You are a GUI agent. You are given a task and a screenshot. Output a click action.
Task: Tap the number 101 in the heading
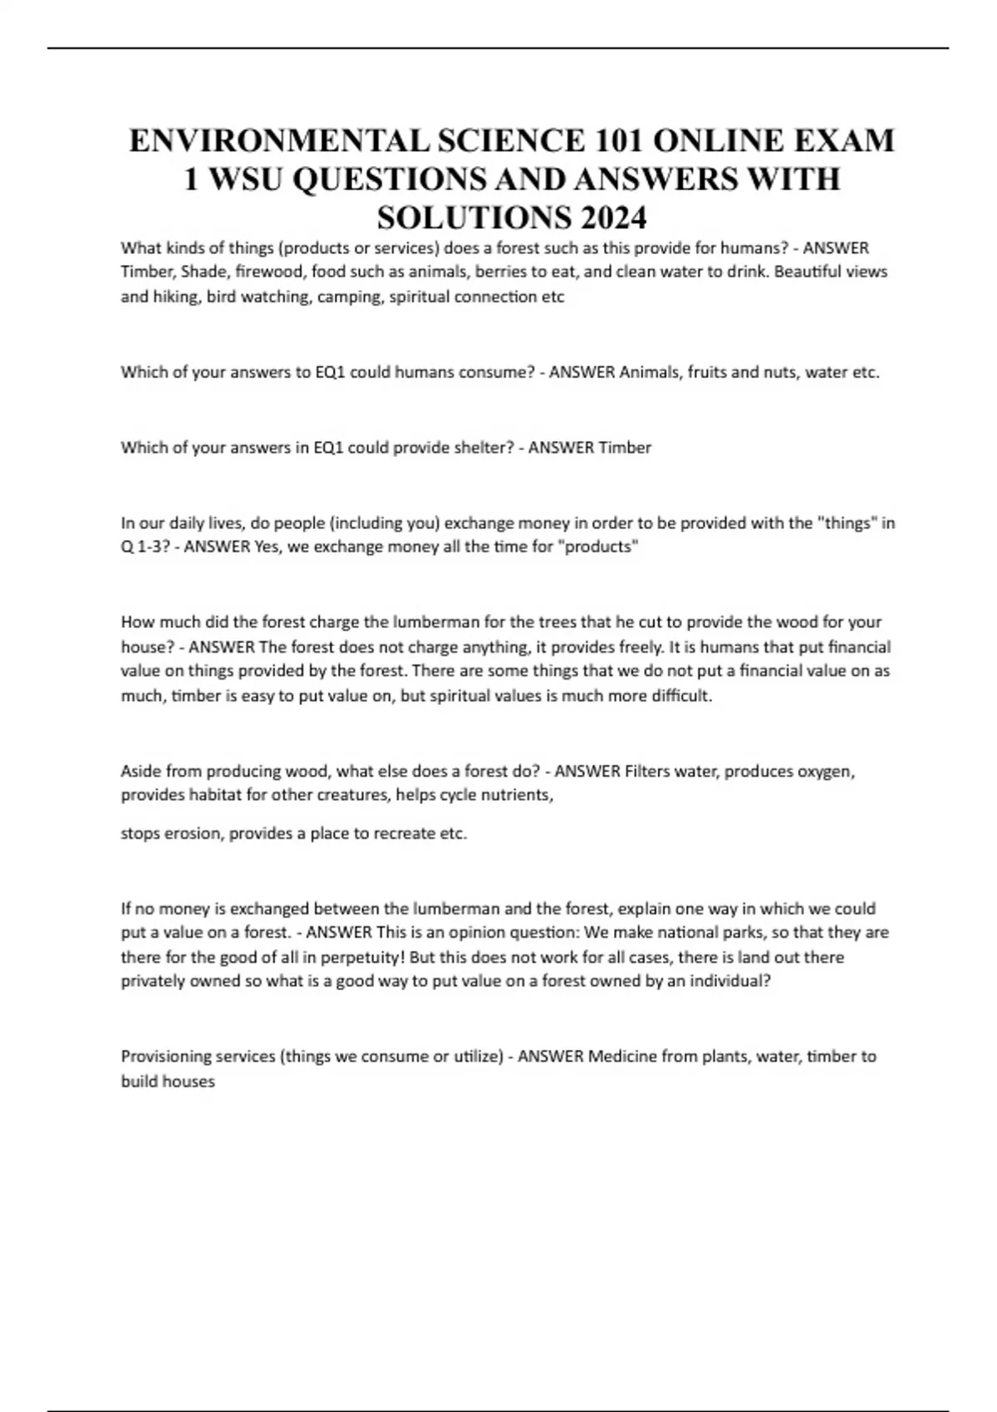[618, 140]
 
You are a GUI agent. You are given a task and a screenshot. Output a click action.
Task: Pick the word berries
[499, 272]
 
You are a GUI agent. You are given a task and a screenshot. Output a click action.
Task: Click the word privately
[154, 982]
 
